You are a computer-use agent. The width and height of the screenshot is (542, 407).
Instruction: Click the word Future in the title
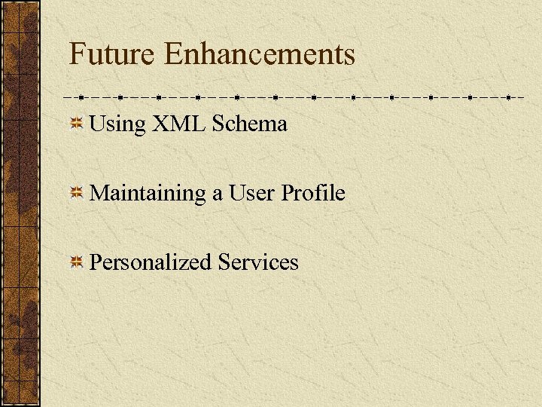pos(112,54)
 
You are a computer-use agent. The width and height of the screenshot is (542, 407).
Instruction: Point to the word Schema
pos(250,124)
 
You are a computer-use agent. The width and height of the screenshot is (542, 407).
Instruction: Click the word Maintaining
pos(148,194)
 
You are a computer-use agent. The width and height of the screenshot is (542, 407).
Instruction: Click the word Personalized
pos(151,262)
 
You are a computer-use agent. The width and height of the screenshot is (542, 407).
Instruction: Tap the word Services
pos(258,262)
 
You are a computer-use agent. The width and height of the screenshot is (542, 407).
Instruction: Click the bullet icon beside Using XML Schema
pos(76,124)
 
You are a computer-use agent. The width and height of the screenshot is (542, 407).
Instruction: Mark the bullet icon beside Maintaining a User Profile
pos(76,194)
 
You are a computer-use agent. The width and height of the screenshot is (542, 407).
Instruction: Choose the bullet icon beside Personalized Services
pos(76,262)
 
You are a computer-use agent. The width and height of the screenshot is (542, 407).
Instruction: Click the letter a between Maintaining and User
pos(217,194)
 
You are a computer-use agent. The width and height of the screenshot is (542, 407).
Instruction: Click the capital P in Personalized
pos(96,262)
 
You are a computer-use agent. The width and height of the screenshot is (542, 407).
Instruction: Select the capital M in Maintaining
pos(99,193)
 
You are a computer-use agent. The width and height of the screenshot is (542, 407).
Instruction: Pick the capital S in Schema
pos(218,124)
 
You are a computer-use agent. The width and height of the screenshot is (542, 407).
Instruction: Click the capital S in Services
pos(224,262)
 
